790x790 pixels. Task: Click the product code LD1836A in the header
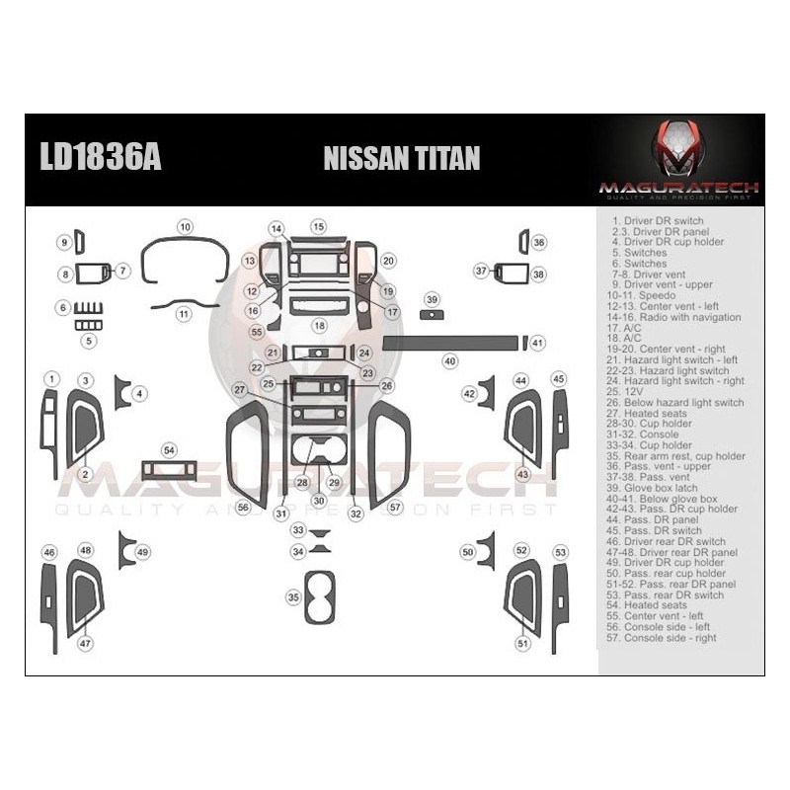[x=100, y=158]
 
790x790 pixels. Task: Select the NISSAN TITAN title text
[x=402, y=159]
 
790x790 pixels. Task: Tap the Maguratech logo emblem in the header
[x=677, y=148]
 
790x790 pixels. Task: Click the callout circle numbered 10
[x=185, y=227]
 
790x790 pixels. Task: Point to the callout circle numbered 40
[x=450, y=361]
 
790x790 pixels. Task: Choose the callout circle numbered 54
[x=170, y=450]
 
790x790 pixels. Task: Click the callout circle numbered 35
[x=293, y=597]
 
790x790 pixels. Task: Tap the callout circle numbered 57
[x=396, y=508]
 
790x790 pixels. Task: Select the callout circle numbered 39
[x=432, y=298]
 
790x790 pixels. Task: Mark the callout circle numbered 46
[x=49, y=552]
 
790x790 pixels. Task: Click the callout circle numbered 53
[x=560, y=552]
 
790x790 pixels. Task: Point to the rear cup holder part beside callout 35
[x=320, y=596]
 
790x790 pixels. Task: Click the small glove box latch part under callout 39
[x=432, y=315]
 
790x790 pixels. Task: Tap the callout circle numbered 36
[x=538, y=242]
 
